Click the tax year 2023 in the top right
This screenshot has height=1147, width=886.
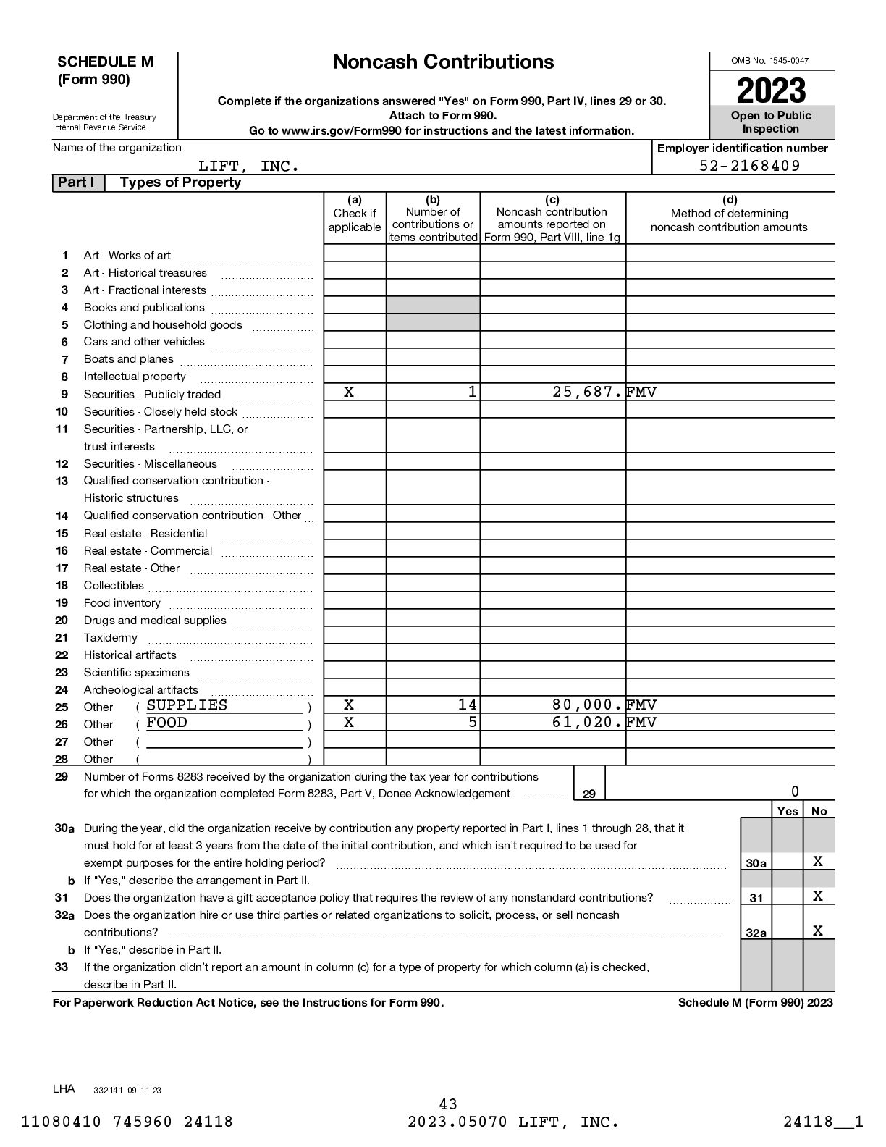click(x=771, y=91)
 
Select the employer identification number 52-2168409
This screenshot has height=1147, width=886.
click(x=749, y=166)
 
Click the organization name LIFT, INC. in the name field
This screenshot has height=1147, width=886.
click(x=249, y=167)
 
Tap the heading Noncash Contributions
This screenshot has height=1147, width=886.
click(x=443, y=62)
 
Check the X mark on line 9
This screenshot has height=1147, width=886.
click(x=349, y=392)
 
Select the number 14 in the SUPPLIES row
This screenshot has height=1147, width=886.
click(x=468, y=705)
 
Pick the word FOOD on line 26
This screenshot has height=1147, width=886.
click(x=166, y=723)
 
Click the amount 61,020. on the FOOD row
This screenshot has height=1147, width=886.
click(x=587, y=723)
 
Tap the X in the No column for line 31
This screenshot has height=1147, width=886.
click(x=818, y=896)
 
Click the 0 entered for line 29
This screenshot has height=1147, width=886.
click(x=795, y=791)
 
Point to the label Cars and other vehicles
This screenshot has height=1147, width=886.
click(x=144, y=342)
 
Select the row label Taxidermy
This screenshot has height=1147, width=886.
click(x=110, y=638)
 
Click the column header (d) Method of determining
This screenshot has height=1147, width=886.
click(x=729, y=213)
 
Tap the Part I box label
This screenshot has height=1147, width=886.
click(x=76, y=182)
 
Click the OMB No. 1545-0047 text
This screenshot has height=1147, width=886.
click(x=770, y=61)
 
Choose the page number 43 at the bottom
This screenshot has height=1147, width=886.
click(x=448, y=1104)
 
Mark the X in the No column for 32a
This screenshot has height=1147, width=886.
click(x=818, y=931)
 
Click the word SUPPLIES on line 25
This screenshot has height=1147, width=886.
click(x=187, y=705)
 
